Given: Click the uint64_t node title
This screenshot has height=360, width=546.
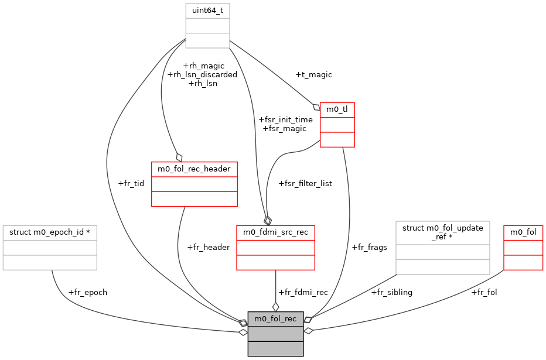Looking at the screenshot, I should pos(207,11).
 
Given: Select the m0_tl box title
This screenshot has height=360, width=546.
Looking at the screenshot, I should pos(337,109).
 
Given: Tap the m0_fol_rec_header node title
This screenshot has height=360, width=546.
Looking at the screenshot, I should pos(194,169).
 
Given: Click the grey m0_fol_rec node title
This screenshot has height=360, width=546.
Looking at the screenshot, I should pos(275,319).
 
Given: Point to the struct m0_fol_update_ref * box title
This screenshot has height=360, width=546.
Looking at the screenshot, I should pos(442,232).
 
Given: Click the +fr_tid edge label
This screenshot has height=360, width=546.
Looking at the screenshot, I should pos(131,183).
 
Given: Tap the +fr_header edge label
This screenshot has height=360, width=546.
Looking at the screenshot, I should pos(208,247).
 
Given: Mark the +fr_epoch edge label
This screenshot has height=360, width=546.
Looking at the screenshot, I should pos(88,292).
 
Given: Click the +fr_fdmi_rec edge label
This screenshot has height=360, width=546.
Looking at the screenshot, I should pos(303,292).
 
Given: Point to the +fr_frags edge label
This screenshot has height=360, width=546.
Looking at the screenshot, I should pos(369,247).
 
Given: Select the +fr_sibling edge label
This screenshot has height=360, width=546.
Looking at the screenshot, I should pos(392,292).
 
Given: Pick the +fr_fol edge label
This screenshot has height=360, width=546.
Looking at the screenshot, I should pos(484,292).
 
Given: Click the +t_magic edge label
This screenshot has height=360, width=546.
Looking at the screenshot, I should pos(313,74).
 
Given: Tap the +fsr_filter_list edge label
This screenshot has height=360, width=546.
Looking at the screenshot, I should pos(305,183).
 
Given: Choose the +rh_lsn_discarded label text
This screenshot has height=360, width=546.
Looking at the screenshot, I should pos(202,74).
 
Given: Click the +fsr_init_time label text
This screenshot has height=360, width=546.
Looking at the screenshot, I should pos(285,119).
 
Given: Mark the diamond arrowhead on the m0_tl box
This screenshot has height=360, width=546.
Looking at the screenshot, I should pos(316,107).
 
